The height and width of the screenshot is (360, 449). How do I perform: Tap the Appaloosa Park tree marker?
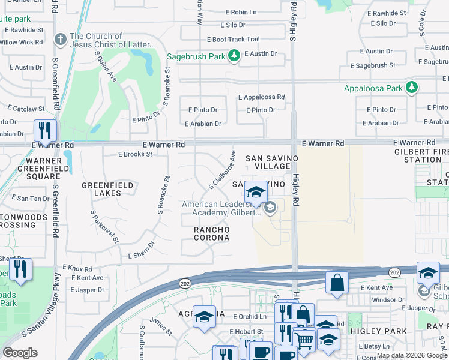(411, 88)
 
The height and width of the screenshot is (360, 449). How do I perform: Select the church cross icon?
(59, 40)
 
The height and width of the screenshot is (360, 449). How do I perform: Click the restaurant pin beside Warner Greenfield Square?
(45, 130)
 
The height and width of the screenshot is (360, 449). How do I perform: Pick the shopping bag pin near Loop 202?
(337, 282)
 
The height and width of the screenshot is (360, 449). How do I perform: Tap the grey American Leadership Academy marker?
(270, 208)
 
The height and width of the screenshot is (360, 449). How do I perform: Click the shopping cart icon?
(304, 340)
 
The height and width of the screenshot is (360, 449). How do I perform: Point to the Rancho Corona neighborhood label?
(211, 233)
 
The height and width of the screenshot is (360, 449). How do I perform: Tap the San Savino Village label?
(272, 162)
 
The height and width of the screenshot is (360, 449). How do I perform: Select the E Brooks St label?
(135, 154)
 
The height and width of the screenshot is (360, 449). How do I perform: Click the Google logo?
(20, 353)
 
